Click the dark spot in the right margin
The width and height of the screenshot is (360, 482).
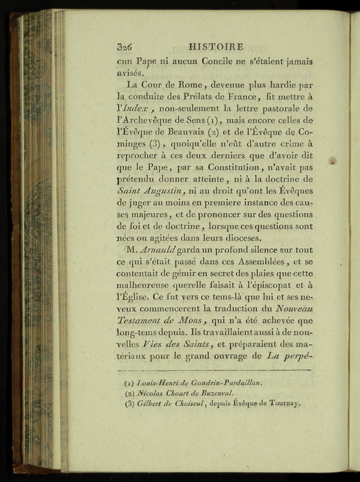333,160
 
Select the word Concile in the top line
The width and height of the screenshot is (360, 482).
218,61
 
